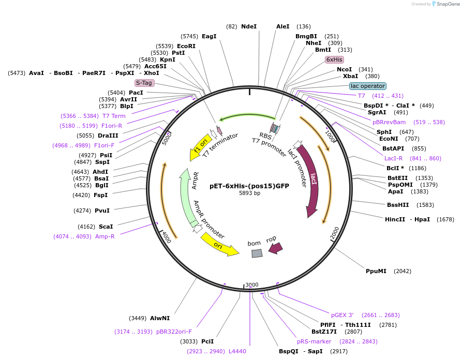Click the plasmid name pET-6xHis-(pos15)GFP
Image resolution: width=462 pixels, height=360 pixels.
pos(249,186)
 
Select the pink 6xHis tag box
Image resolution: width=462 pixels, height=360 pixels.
pos(334,59)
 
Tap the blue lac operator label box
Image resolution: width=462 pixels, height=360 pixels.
pos(367,86)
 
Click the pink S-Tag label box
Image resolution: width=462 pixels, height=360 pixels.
pos(144,83)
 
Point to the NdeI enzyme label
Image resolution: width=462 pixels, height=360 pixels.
pos(249,26)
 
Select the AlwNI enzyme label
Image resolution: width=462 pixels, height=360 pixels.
pos(160,318)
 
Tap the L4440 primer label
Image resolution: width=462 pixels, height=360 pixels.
pos(237,351)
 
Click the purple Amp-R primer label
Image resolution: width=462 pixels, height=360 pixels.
pos(105,236)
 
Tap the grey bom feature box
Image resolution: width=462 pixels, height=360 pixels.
pos(257,253)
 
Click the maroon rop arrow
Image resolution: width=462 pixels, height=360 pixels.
pos(275,248)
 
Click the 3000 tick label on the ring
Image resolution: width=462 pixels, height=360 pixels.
pos(252,285)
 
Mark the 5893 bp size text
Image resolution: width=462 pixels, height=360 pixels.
pos(249,193)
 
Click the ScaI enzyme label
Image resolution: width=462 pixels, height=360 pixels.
pos(106,227)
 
